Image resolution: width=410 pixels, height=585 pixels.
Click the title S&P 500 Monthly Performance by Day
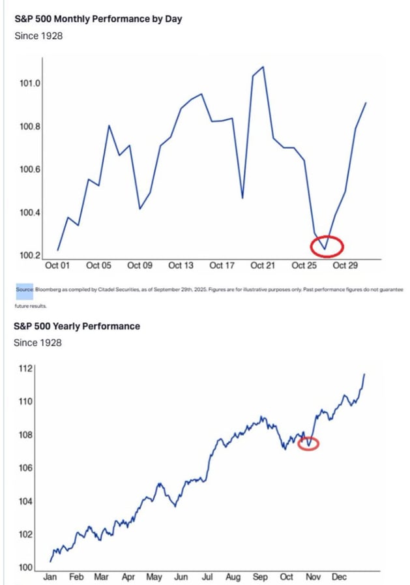(x=98, y=19)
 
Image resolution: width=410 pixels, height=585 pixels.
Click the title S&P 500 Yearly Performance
(x=77, y=326)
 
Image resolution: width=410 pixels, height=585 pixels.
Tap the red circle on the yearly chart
(x=308, y=444)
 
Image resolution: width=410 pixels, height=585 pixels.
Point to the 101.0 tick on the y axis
(x=29, y=83)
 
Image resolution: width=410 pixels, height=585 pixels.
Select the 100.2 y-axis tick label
(x=29, y=255)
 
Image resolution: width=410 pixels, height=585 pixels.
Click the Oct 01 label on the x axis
(x=57, y=265)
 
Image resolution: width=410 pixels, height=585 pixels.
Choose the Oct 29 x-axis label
(x=345, y=265)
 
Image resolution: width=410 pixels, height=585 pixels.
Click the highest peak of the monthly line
(x=263, y=67)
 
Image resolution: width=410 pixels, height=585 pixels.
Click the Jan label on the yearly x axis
(x=50, y=577)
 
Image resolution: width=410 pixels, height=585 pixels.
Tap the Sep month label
(x=260, y=577)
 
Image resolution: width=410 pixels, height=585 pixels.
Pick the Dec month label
(x=339, y=577)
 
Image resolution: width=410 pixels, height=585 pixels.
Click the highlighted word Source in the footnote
(x=24, y=288)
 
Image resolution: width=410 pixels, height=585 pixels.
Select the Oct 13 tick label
(x=181, y=265)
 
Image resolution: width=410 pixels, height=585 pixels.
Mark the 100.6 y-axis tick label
(x=29, y=170)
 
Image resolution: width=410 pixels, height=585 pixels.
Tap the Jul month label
(x=207, y=577)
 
